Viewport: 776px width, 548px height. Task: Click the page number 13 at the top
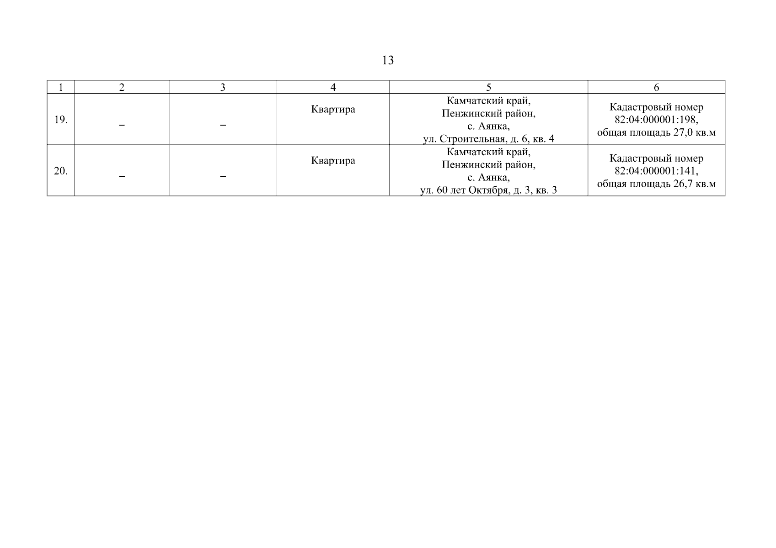[388, 60]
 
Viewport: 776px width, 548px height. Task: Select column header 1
[61, 87]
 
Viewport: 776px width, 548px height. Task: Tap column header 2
[122, 87]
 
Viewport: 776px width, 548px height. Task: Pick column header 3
[223, 87]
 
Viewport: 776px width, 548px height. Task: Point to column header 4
[333, 87]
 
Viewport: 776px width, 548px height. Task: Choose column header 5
[488, 87]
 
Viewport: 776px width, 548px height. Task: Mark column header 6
[656, 87]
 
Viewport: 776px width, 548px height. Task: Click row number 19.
[61, 120]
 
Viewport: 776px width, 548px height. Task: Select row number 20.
[61, 171]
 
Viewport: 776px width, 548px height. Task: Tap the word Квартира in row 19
[333, 110]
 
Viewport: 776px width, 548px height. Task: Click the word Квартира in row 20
[333, 161]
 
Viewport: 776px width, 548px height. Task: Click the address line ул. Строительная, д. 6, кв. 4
[488, 139]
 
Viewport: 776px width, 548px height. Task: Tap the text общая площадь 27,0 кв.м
[656, 132]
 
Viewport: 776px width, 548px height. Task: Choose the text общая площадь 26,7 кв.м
[656, 184]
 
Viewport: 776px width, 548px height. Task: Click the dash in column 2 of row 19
[122, 125]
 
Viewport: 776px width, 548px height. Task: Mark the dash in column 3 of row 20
[223, 176]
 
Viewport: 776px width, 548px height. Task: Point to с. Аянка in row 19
[488, 126]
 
